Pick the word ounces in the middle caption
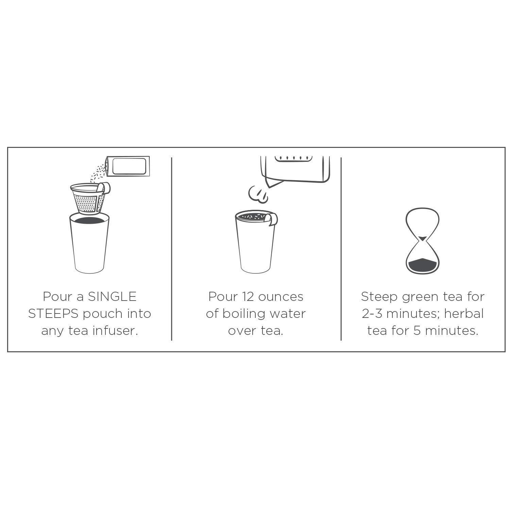click(x=280, y=297)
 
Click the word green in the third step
click(x=421, y=297)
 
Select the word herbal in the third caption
click(x=464, y=314)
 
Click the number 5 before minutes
click(x=417, y=331)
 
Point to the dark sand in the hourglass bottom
click(x=422, y=264)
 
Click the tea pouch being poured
click(x=128, y=167)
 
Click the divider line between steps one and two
click(x=172, y=248)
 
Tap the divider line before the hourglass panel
click(x=341, y=248)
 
